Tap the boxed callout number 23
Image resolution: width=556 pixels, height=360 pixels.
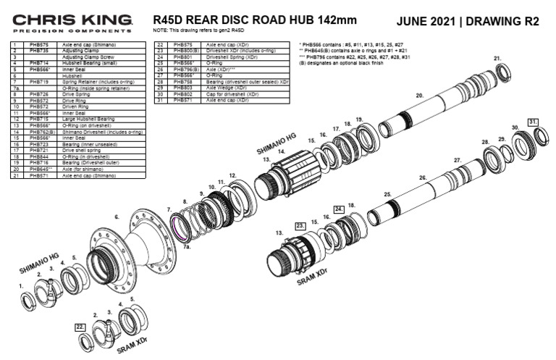[301, 226]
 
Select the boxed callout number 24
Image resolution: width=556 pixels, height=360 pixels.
[337, 209]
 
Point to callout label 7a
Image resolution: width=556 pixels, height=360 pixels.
[187, 246]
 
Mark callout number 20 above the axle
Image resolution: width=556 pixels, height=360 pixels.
[419, 95]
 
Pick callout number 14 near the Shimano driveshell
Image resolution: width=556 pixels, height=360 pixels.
[282, 151]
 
